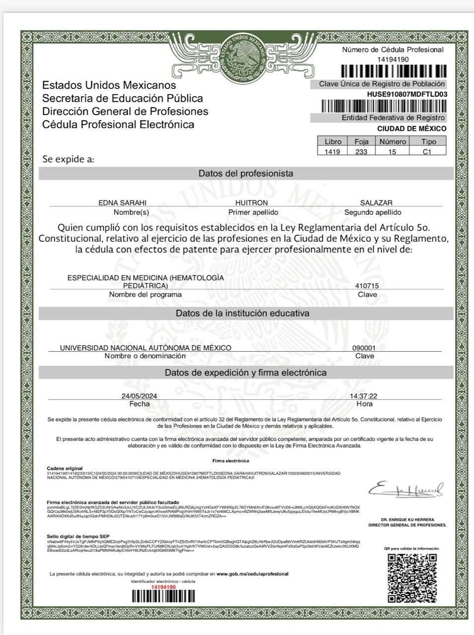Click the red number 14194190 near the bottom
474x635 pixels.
163,587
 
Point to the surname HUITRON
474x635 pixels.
251,203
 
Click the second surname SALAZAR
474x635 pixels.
376,203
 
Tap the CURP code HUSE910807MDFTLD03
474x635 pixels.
406,94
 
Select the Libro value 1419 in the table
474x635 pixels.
332,152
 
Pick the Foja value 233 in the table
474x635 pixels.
361,152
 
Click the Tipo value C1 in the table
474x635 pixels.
427,152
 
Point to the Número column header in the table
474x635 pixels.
393,141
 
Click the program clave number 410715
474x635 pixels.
367,286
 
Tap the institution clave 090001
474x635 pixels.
364,348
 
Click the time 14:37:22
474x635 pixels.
363,396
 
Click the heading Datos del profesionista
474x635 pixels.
246,174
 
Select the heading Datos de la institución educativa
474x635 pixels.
243,313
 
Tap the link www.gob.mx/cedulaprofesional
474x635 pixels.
252,574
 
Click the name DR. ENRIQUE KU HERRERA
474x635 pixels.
407,519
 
